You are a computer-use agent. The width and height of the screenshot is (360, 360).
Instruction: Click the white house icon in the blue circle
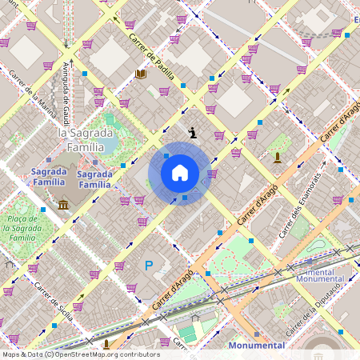pos(180,173)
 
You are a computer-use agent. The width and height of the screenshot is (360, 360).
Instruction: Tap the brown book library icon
pos(142,74)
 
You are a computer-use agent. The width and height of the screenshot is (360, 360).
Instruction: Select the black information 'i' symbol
pos(192,133)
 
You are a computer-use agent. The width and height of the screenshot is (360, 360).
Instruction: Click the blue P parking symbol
pos(148,265)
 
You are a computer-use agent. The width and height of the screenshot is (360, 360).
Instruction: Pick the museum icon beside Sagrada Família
pos(63,206)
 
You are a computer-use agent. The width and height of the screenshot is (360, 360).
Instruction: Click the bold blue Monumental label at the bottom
pos(256,345)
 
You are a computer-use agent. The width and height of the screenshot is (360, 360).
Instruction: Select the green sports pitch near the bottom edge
pos(186,330)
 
